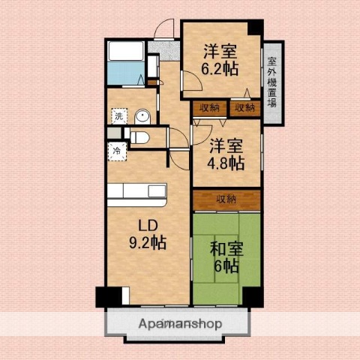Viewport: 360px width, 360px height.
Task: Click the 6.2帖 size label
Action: [x=220, y=67]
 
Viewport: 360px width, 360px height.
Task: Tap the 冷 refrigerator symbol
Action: [x=116, y=150]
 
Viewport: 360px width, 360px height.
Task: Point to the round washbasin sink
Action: [x=142, y=116]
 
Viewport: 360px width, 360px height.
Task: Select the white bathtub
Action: [x=127, y=51]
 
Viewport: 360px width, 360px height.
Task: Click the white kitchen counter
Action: [x=135, y=193]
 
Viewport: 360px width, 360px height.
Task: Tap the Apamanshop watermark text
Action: [x=179, y=324]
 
